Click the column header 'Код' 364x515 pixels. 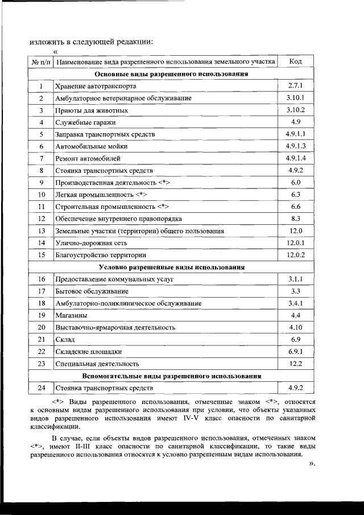(x=295, y=61)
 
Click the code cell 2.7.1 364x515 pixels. (x=295, y=86)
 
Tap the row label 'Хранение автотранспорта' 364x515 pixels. (x=96, y=86)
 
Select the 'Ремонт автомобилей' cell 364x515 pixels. (x=88, y=158)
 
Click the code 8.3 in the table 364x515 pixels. (x=295, y=219)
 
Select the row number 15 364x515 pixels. (x=41, y=255)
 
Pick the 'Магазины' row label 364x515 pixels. (x=71, y=315)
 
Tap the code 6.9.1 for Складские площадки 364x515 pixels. (x=295, y=352)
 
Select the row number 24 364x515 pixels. (x=41, y=388)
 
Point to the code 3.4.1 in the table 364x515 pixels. (x=295, y=303)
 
